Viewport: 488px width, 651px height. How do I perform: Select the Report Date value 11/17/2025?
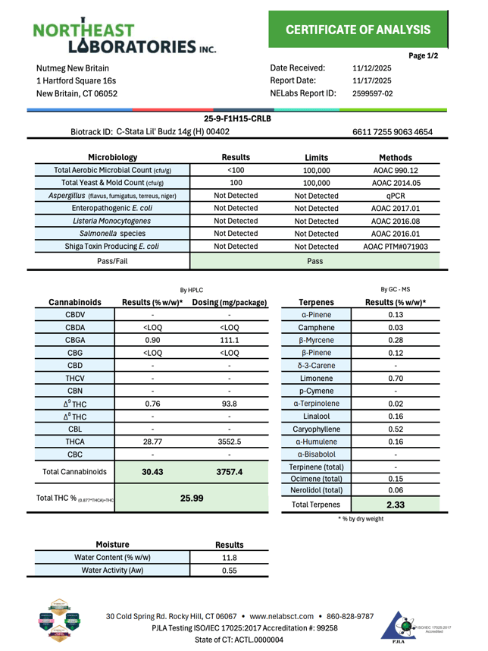(x=372, y=80)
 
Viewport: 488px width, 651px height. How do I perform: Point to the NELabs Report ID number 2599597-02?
(x=373, y=94)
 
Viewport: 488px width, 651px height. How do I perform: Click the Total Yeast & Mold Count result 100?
(x=236, y=183)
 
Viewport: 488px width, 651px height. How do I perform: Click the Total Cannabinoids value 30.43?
(x=152, y=473)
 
